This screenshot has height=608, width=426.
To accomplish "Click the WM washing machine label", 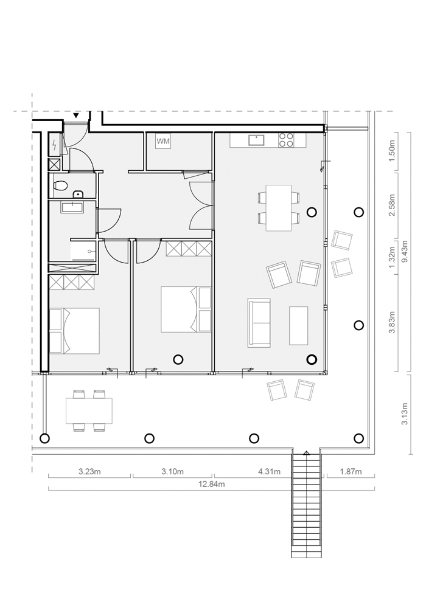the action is [x=163, y=142].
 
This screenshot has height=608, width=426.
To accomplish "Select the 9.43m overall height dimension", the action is [x=405, y=252].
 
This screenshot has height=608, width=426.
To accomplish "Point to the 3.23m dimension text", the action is [x=89, y=472].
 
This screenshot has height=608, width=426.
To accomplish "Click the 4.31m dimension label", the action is [x=269, y=472].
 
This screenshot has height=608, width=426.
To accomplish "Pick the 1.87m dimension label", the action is [x=351, y=472].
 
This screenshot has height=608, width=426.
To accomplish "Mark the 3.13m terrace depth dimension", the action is [x=405, y=413].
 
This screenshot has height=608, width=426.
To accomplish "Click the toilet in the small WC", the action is [x=60, y=185].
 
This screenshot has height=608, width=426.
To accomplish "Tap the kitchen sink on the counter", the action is [x=256, y=140].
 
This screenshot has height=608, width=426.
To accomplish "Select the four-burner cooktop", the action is [x=286, y=140].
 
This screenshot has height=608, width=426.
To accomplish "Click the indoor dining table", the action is [x=279, y=208].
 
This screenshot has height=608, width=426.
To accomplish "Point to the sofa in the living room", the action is [x=259, y=323].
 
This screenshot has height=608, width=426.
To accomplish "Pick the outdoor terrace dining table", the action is [x=89, y=411].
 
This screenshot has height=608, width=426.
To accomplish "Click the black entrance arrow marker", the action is [x=77, y=115].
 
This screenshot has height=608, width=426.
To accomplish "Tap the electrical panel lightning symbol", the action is [x=55, y=145].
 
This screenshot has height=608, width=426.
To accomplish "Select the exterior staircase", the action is [x=307, y=504].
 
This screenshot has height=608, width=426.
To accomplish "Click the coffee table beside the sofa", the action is [x=299, y=325].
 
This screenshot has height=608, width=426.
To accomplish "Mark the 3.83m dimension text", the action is [x=392, y=323].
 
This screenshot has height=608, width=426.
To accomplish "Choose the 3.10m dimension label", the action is [x=173, y=472].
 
